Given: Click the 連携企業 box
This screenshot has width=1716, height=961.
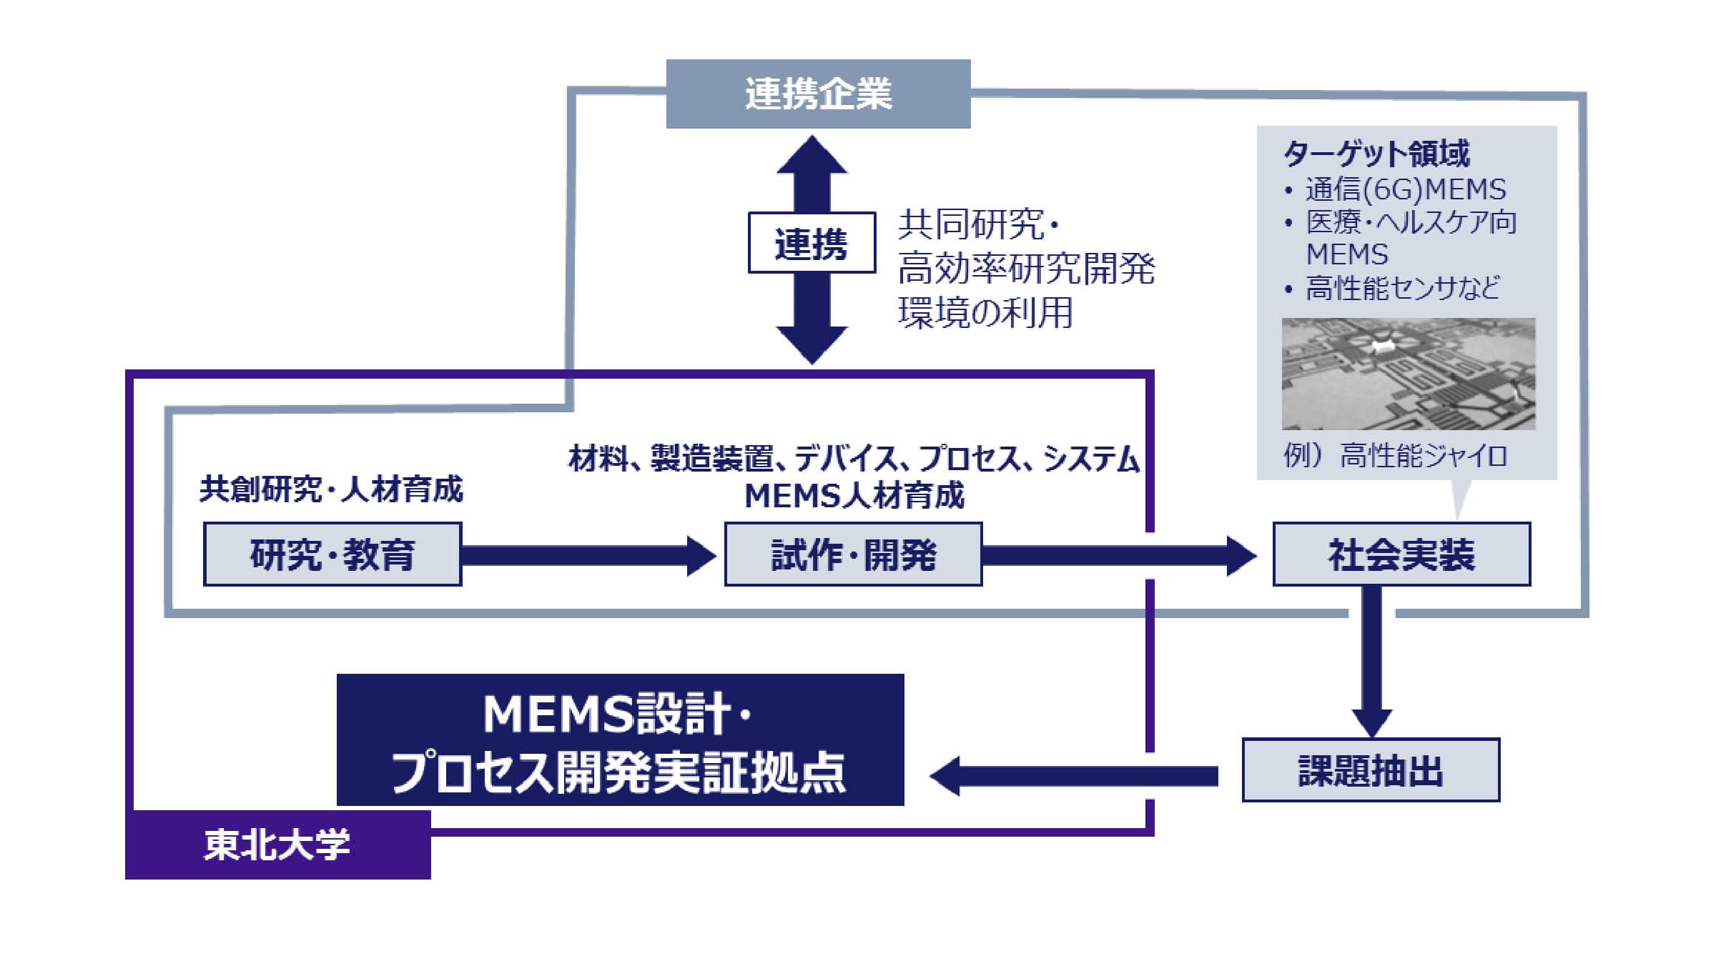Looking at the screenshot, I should point(818,94).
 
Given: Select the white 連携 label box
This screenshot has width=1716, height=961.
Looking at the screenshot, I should point(812,243).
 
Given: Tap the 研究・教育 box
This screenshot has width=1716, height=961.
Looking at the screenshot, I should point(332,554).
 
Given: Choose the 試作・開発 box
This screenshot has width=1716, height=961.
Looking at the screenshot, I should point(853,554).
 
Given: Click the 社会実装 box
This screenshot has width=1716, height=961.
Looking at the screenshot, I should point(1401,554).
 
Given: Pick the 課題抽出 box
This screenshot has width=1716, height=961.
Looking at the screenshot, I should point(1371,770).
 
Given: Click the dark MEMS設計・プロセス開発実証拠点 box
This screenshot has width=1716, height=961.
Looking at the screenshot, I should point(620,740).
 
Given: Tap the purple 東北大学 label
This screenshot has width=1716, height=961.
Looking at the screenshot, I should point(277,845).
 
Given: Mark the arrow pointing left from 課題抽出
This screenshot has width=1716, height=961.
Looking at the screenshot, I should point(1072,776).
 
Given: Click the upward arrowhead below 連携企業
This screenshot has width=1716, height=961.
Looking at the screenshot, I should point(812,157).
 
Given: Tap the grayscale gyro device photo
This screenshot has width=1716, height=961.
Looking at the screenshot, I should point(1408,374).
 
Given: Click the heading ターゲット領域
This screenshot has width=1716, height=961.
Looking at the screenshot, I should point(1376,153).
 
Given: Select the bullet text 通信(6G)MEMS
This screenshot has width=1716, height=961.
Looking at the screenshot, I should point(1405,189).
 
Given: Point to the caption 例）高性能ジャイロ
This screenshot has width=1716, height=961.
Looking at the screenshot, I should point(1394,455).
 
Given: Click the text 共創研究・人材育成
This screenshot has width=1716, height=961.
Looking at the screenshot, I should point(331,489).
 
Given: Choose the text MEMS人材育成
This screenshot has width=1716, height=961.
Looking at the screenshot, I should point(854,496).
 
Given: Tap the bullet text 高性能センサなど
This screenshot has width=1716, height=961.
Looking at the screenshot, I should point(1402,288).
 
